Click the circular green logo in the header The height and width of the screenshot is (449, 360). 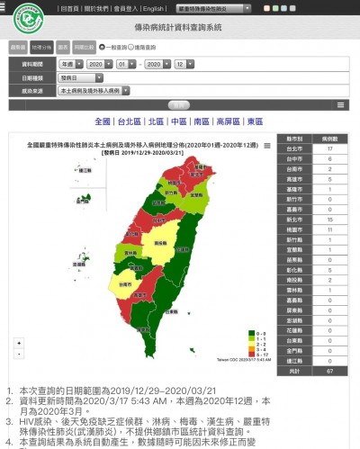tap(26, 17)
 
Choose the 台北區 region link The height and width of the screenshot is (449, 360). tap(129, 121)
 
